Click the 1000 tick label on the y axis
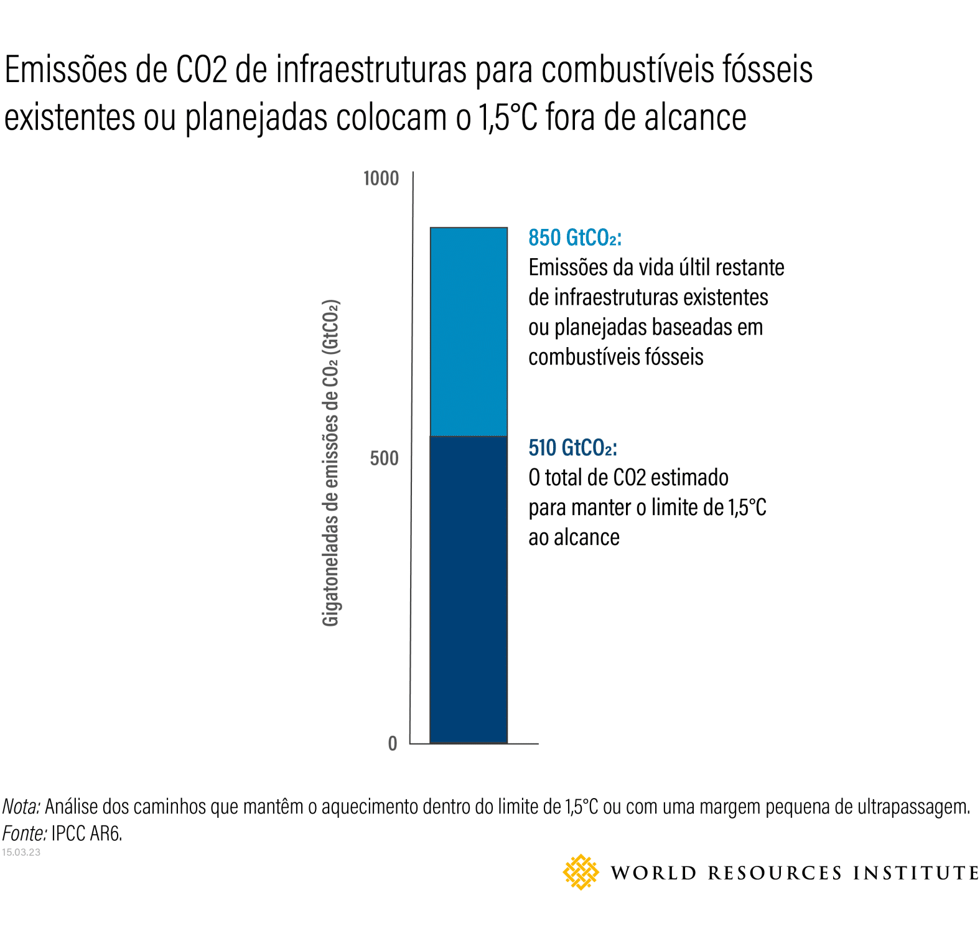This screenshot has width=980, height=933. click(x=380, y=179)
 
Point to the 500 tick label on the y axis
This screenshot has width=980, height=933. click(x=383, y=458)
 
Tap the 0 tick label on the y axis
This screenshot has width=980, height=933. click(x=392, y=743)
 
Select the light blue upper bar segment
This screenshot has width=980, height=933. click(x=469, y=332)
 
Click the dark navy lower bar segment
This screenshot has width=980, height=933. click(x=469, y=589)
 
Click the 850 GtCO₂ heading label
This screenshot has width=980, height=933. click(x=574, y=238)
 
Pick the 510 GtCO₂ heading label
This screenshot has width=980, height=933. click(x=572, y=448)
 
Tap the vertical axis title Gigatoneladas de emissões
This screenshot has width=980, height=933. click(x=330, y=463)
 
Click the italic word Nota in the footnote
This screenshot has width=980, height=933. click(x=21, y=806)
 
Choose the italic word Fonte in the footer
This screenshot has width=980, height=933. click(x=24, y=833)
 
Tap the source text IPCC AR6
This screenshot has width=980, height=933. click(x=86, y=833)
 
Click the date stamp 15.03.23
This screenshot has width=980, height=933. click(x=21, y=852)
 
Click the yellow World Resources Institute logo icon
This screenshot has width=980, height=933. click(x=581, y=872)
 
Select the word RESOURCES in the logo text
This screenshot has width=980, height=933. click(x=775, y=873)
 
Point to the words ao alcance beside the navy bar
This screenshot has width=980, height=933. click(x=574, y=537)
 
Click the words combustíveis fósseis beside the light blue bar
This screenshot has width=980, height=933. click(x=615, y=357)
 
